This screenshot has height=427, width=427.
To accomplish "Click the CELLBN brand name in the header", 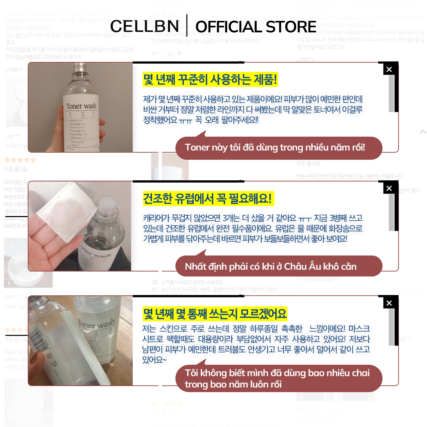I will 144,26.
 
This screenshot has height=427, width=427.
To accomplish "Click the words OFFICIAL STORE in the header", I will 256,27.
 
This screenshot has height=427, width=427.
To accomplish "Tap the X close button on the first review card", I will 389,69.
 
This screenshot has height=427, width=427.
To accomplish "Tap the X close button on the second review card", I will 389,188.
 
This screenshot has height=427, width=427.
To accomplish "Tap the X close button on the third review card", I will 389,303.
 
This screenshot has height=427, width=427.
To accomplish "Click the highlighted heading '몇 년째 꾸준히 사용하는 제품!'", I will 210,79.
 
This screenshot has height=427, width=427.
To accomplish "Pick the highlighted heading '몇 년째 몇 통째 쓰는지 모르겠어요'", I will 215,313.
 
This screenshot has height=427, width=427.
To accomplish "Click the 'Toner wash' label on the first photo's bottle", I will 81,106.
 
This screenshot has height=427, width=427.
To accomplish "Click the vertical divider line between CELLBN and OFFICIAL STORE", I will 187,26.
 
